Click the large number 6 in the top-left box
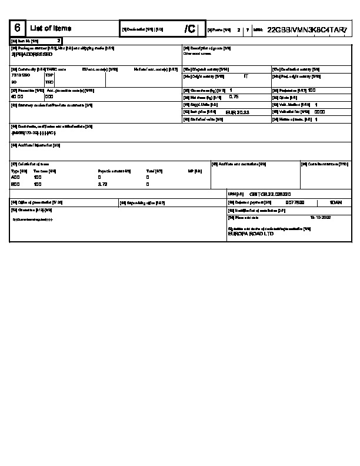click(18, 28)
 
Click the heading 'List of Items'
click(51, 28)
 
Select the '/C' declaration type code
click(189, 29)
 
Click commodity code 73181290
click(21, 75)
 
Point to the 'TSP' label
click(49, 75)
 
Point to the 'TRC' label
click(49, 82)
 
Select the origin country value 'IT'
click(246, 76)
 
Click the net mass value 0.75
click(234, 96)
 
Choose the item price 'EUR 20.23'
click(238, 111)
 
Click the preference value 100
click(312, 90)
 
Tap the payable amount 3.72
click(103, 184)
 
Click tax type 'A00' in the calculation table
click(15, 177)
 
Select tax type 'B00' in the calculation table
click(15, 184)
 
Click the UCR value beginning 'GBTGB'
click(270, 194)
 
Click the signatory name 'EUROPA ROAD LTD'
click(251, 234)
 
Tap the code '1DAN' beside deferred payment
click(336, 202)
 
